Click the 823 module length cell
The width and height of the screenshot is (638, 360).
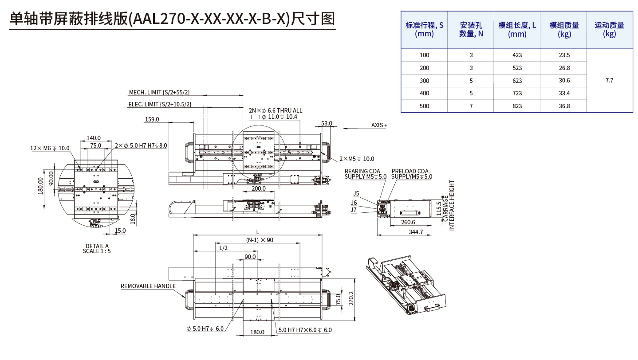516,106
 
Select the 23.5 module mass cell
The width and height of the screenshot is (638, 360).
564,55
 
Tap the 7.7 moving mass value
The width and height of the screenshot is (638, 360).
609,80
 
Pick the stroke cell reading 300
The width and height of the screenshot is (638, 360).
425,81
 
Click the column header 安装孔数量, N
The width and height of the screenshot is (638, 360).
471,30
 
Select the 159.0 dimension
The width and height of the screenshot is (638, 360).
152,119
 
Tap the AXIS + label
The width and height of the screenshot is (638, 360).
379,125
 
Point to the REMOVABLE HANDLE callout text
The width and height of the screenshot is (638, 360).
148,286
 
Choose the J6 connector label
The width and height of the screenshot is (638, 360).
354,203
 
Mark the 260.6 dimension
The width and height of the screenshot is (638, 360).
408,222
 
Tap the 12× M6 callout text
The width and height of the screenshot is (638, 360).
50,148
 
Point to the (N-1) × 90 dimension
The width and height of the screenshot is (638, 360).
260,240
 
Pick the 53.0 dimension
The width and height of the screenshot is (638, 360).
327,123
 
